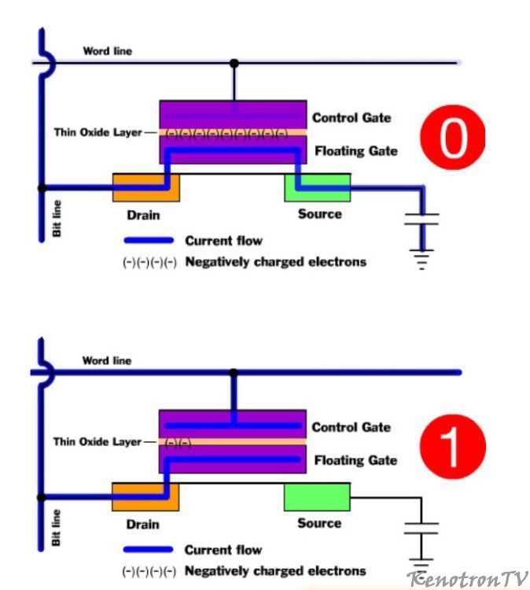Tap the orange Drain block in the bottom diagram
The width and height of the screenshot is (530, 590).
click(x=145, y=497)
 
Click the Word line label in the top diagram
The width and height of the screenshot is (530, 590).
click(x=108, y=51)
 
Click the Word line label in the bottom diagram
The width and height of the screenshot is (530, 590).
click(x=107, y=360)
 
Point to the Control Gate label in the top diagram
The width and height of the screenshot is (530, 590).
click(x=351, y=118)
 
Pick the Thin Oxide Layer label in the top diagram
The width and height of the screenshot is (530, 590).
click(x=98, y=132)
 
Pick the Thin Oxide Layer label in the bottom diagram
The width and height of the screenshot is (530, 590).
click(x=98, y=442)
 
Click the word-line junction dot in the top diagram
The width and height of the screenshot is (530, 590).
click(x=234, y=62)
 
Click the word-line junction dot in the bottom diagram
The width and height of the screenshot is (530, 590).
click(x=233, y=371)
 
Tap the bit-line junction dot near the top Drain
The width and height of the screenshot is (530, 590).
click(x=42, y=188)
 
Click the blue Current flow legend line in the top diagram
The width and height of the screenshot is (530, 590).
click(x=149, y=240)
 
